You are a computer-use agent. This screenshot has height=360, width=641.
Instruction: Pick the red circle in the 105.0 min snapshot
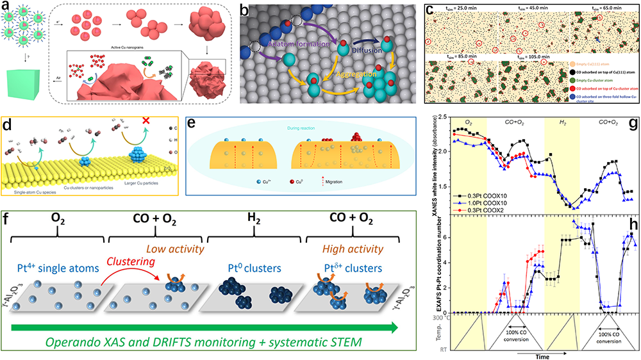pos(544,62)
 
